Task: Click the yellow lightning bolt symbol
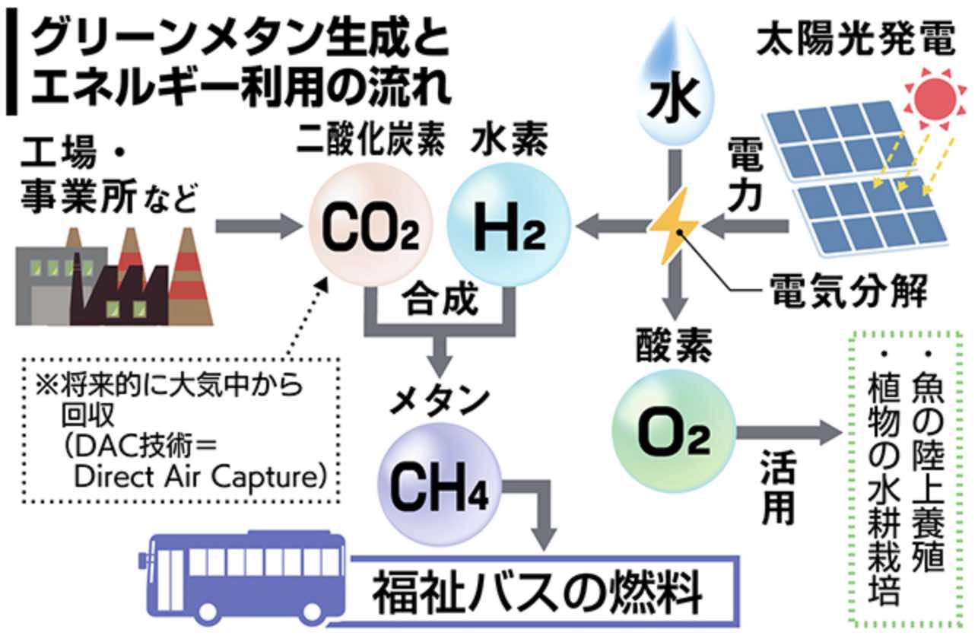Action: pos(674,225)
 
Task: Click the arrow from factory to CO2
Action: pos(255,225)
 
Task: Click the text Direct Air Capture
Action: pos(202,478)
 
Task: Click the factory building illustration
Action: pos(114,278)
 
